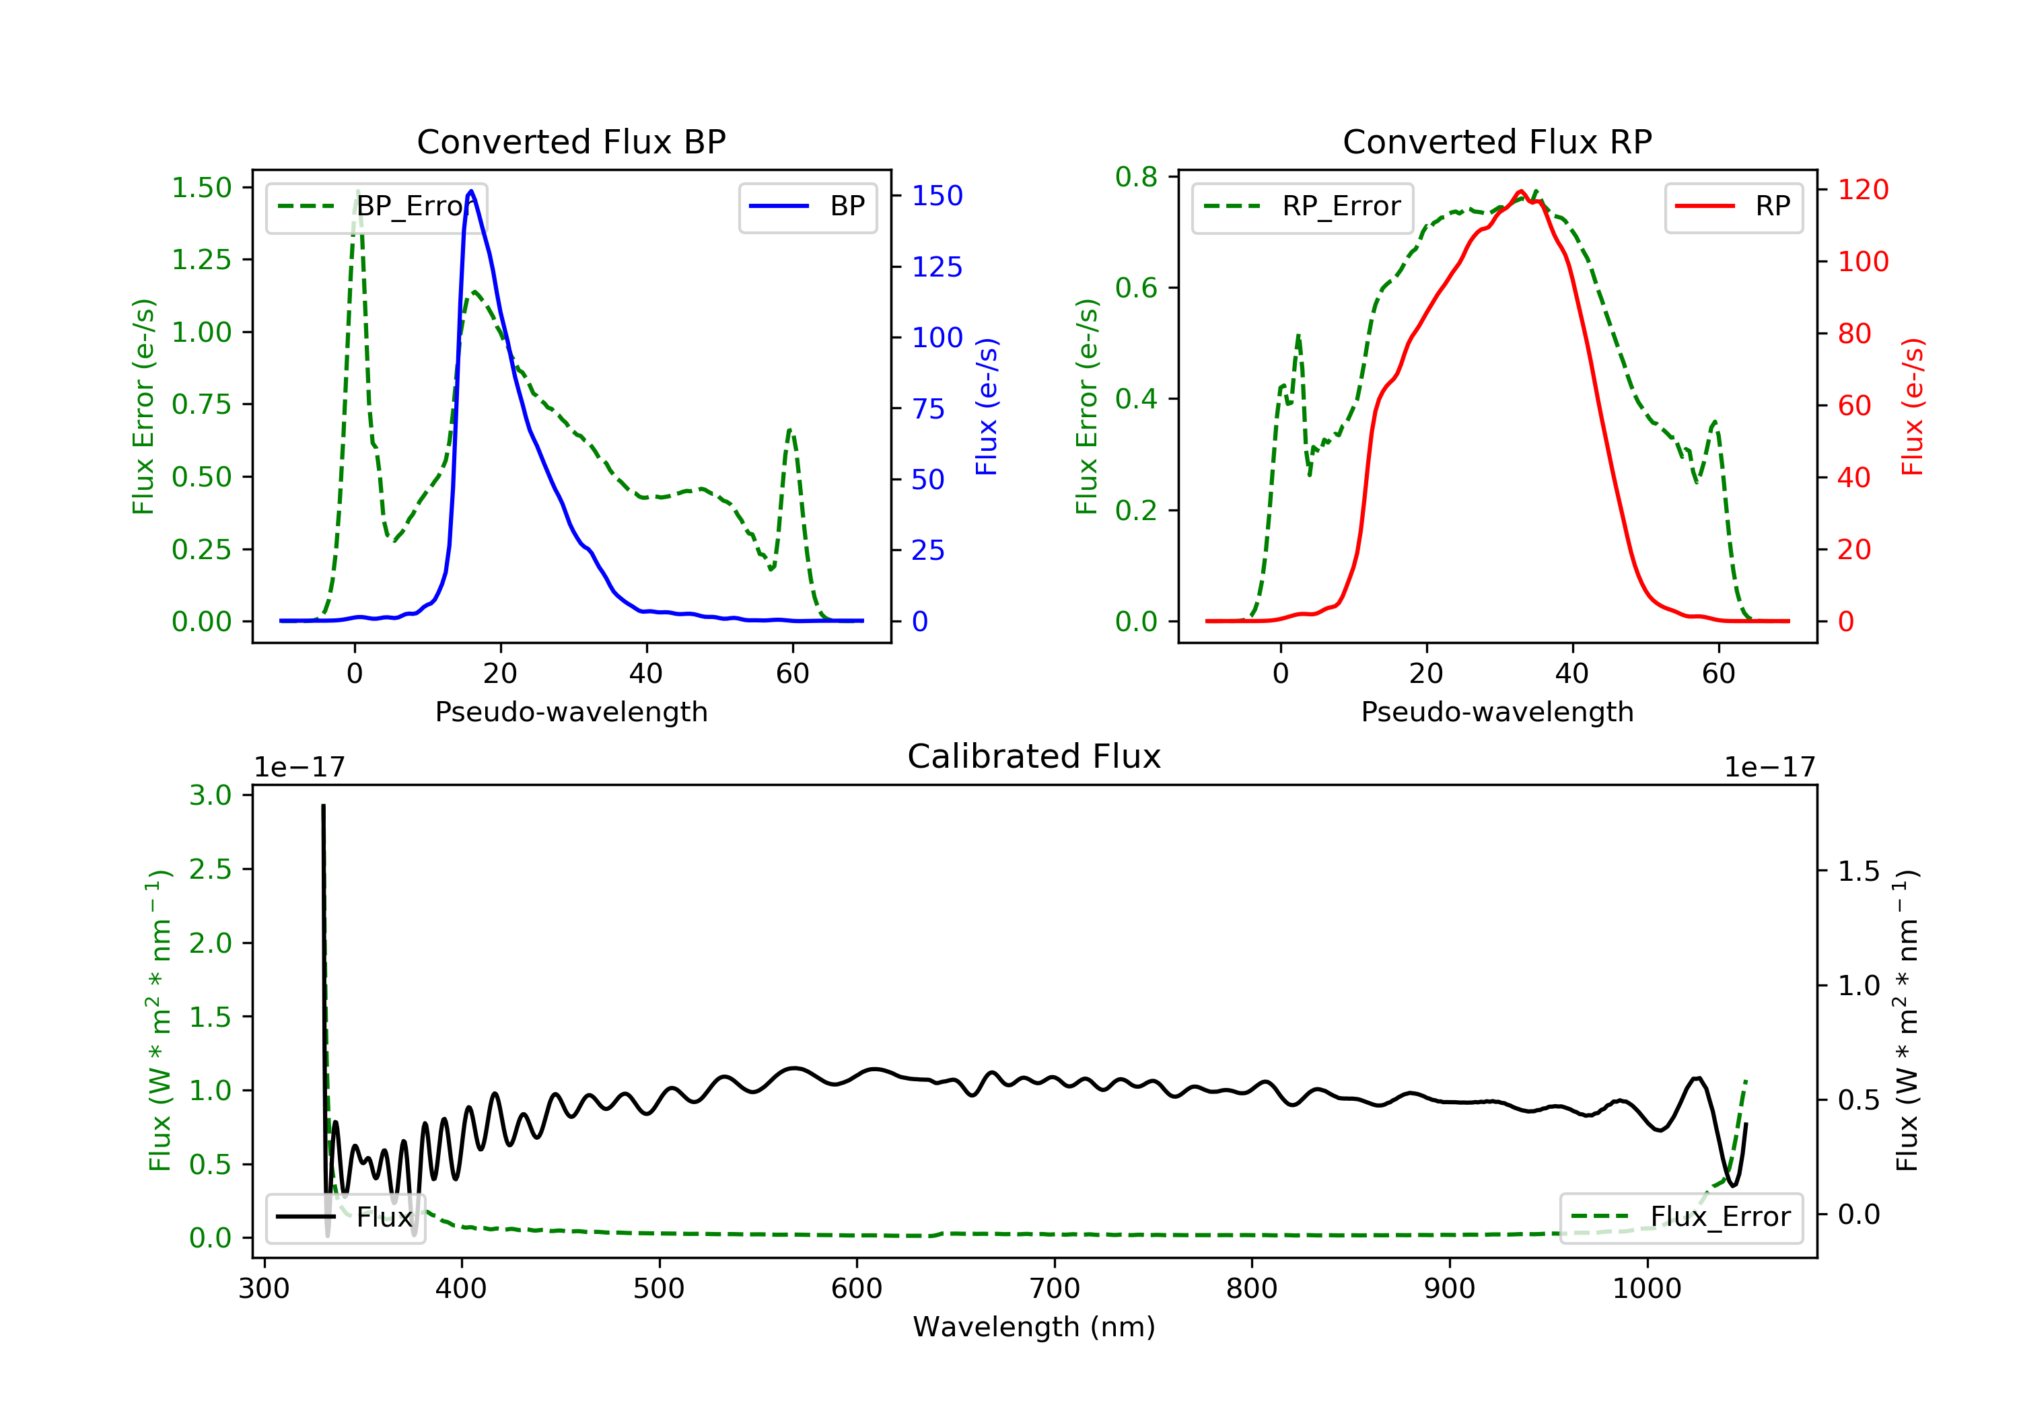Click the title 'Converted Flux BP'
pos(571,141)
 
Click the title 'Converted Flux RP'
pos(1497,141)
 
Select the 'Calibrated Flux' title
pos(1034,756)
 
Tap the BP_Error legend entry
pos(376,207)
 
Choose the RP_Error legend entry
pos(1302,207)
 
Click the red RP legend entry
pos(1733,207)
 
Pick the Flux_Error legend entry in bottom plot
pos(1680,1217)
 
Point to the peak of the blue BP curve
pos(471,191)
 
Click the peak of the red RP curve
pos(1520,191)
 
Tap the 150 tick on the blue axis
pos(937,195)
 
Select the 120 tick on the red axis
pos(1864,189)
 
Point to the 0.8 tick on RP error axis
pos(1136,177)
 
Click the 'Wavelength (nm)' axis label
pos(1034,1326)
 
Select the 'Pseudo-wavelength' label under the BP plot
pos(571,711)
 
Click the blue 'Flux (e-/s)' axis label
pos(987,407)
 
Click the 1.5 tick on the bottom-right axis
pos(1859,871)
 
